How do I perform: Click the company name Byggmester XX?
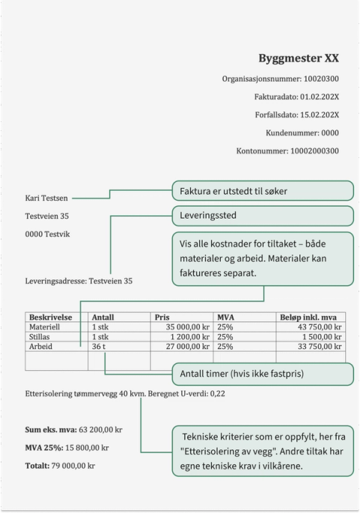tap(298, 58)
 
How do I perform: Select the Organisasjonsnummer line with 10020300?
tap(280, 79)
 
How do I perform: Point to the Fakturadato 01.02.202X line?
tap(296, 97)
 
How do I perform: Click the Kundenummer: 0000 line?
tap(302, 133)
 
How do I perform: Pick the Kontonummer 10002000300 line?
tap(287, 151)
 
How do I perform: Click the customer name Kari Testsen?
tap(46, 198)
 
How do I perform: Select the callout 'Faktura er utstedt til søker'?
tap(262, 191)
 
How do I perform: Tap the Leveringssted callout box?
tap(262, 216)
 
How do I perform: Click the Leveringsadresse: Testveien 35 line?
tap(79, 282)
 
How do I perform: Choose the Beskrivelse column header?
tap(51, 318)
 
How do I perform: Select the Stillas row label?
tap(41, 337)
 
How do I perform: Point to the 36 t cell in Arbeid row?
tap(99, 347)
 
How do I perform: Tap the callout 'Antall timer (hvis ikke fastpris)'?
tap(262, 374)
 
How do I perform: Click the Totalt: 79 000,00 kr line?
tap(60, 465)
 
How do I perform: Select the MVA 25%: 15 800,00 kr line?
tap(67, 448)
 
